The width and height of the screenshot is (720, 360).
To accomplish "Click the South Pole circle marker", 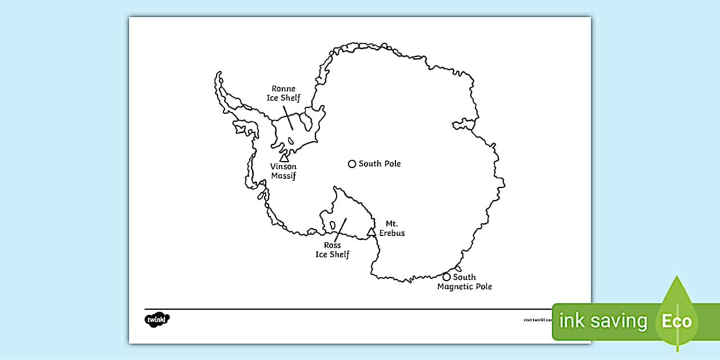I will (x=352, y=164).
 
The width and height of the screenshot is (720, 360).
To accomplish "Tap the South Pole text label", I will (x=379, y=164).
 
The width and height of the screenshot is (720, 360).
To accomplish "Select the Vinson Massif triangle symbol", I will (x=284, y=157).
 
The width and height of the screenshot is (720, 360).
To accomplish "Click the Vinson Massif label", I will (x=283, y=171).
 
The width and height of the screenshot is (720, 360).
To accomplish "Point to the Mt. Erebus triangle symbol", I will (x=371, y=231).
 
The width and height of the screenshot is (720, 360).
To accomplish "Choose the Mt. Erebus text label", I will (x=391, y=229).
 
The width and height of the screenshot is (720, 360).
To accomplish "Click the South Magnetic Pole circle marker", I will (x=447, y=277).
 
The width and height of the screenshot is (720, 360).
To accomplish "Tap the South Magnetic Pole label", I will (x=465, y=282).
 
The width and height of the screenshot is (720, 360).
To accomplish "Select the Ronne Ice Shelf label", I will (x=283, y=93).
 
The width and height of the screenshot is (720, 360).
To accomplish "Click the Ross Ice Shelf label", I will (x=333, y=250).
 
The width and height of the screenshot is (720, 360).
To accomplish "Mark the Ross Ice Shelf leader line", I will (x=340, y=229).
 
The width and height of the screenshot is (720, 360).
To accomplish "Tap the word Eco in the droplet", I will (x=677, y=321).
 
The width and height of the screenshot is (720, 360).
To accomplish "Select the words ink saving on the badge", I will (x=603, y=321).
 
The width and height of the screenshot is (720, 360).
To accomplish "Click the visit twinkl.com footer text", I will (x=537, y=320).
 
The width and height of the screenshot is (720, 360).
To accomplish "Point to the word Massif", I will (x=283, y=176).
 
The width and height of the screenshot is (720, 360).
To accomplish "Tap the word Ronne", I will (x=283, y=89).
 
